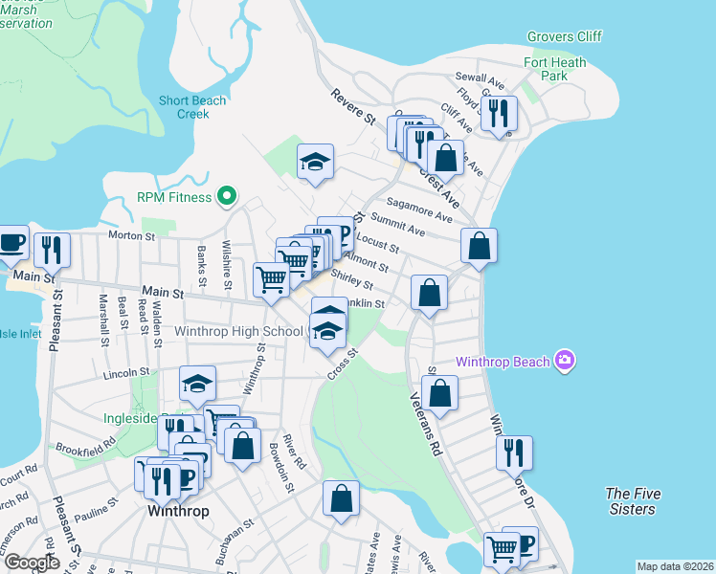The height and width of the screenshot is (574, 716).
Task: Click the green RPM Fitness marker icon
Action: [227, 197]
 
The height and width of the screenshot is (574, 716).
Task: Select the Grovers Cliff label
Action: [564, 37]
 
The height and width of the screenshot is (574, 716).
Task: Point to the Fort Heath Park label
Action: [554, 69]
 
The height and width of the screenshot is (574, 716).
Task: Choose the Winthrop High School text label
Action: [239, 332]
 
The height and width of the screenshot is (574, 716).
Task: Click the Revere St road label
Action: [353, 106]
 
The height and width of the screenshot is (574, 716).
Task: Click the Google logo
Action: [33, 562]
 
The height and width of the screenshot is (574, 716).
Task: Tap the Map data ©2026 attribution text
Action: [675, 566]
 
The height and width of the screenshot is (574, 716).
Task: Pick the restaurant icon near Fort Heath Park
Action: [498, 114]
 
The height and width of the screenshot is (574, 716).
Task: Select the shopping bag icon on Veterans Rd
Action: [439, 393]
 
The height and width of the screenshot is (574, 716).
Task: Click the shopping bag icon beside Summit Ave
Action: [479, 246]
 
